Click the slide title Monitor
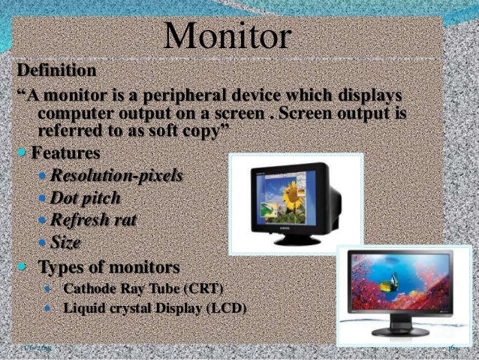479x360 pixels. [229, 35]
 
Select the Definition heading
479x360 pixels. [57, 71]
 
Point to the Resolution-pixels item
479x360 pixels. [116, 177]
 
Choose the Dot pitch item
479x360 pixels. [85, 199]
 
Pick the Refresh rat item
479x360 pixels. [93, 221]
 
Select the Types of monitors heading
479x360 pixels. [109, 268]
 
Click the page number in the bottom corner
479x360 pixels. [452, 348]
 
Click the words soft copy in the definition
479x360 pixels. [176, 132]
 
